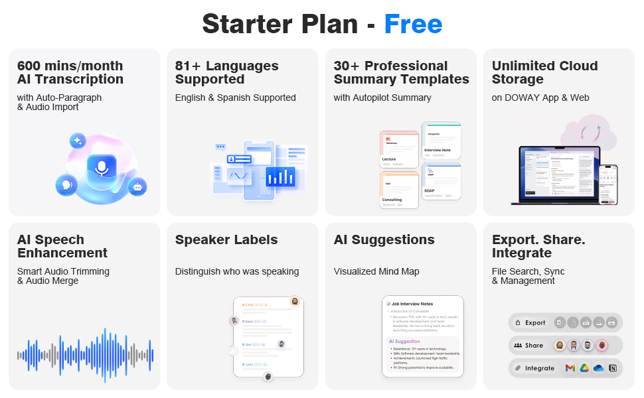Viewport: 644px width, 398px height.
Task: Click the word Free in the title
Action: (x=413, y=25)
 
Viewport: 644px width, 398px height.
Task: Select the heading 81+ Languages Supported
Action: (x=227, y=72)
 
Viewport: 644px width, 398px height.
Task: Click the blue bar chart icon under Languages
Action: (x=280, y=176)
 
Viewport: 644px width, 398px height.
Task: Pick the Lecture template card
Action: (x=399, y=149)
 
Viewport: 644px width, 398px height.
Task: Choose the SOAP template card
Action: (x=442, y=182)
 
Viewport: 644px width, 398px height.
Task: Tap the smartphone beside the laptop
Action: (x=608, y=184)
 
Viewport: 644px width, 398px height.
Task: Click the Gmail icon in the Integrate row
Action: (x=570, y=368)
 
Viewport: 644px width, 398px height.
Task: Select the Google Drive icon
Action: (x=584, y=368)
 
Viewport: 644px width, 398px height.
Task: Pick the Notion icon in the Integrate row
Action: (x=613, y=368)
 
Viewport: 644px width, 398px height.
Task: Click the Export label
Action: (x=535, y=323)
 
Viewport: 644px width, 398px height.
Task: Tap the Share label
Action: (x=534, y=346)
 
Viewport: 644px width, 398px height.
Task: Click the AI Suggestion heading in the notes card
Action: (x=404, y=342)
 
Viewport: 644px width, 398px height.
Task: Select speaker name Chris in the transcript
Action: (x=249, y=305)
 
